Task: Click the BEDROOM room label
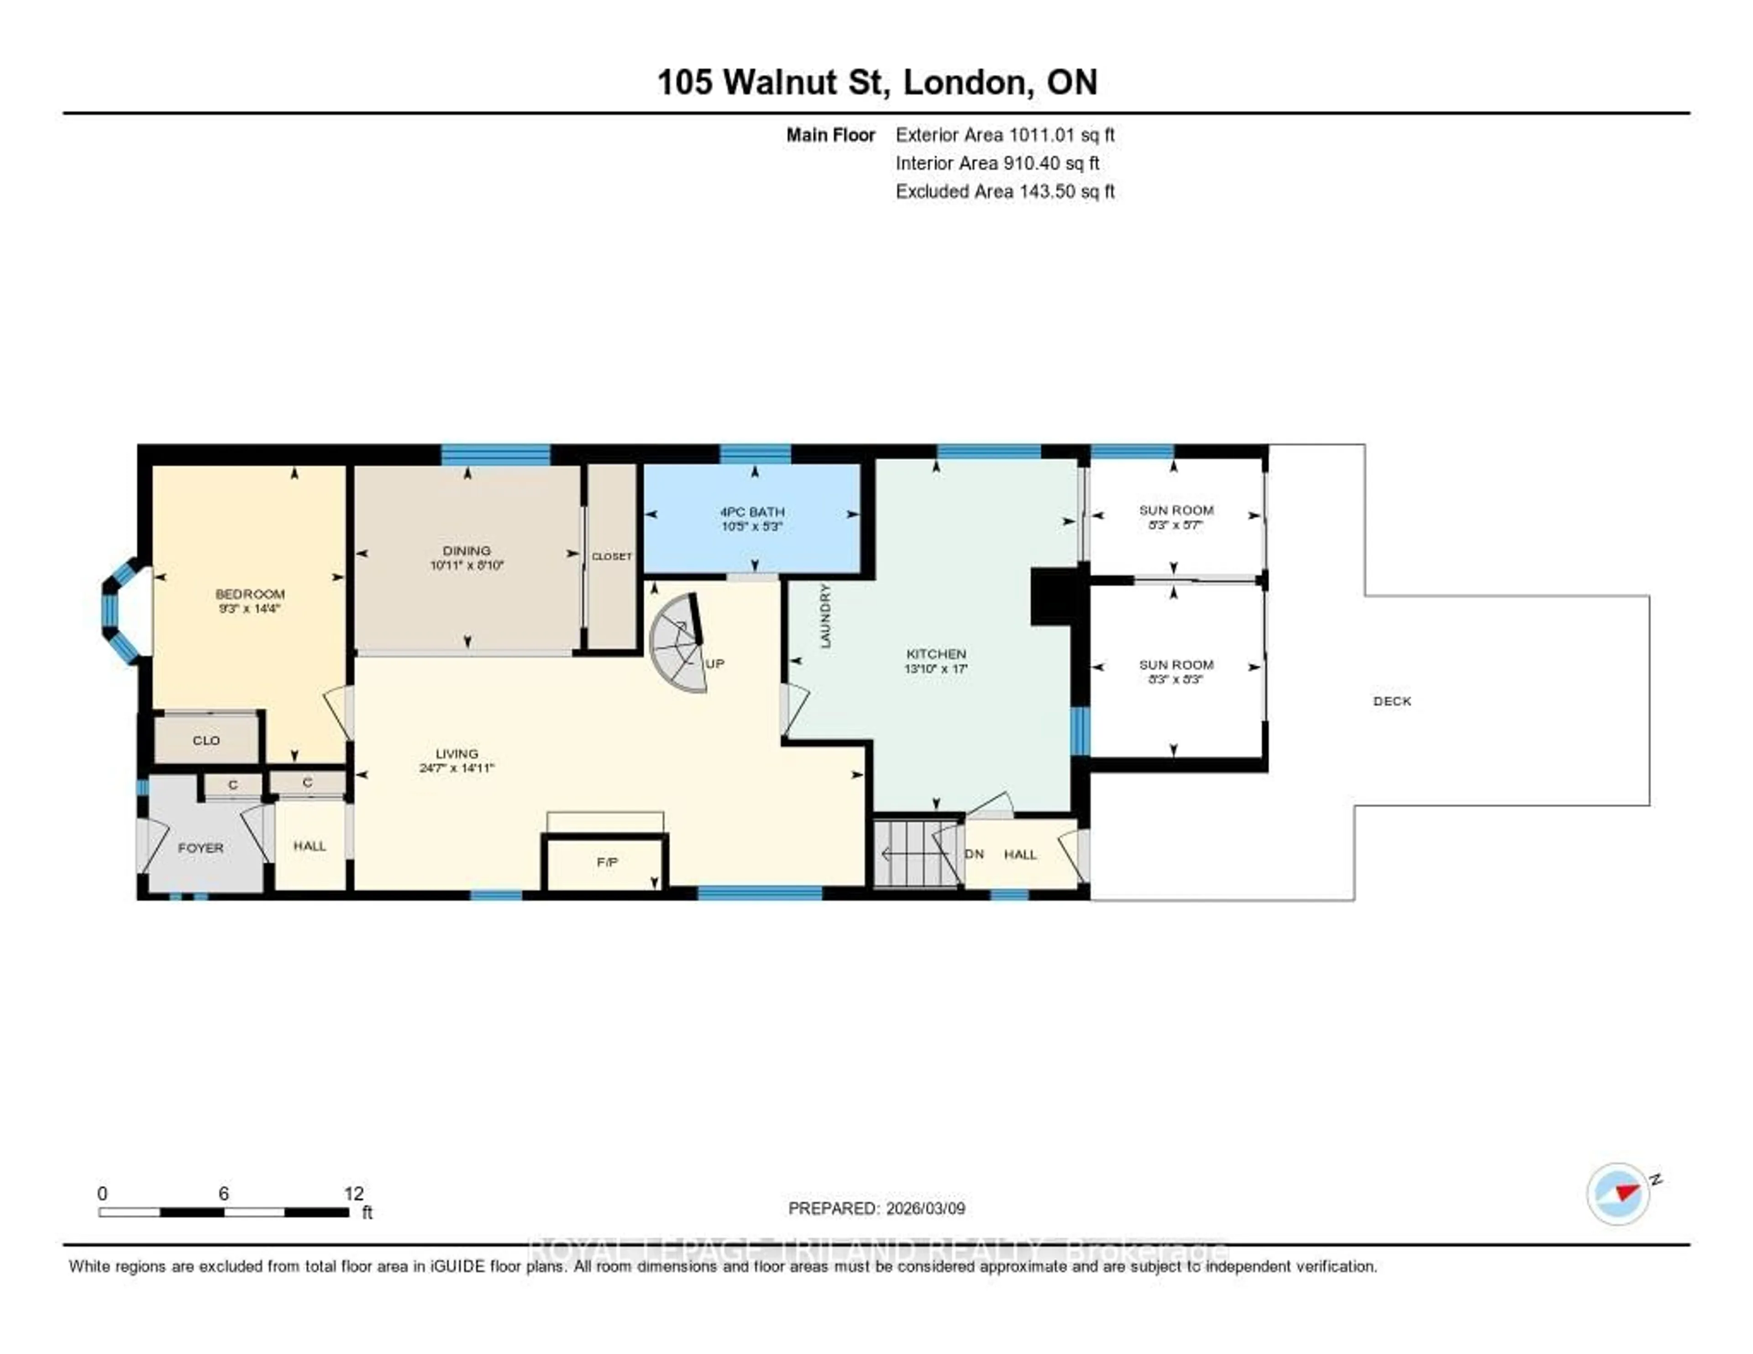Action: point(250,594)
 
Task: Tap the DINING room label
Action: point(467,551)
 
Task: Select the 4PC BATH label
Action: point(752,511)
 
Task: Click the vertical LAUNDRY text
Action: point(825,616)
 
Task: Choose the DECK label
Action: point(1392,701)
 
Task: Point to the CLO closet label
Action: point(206,740)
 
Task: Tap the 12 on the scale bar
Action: point(354,1193)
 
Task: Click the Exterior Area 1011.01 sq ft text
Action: point(1005,135)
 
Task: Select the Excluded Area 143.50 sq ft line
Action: point(1005,191)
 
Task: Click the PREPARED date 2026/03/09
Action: point(876,1208)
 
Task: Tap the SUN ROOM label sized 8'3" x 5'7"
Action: point(1176,510)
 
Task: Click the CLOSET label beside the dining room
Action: point(612,556)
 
